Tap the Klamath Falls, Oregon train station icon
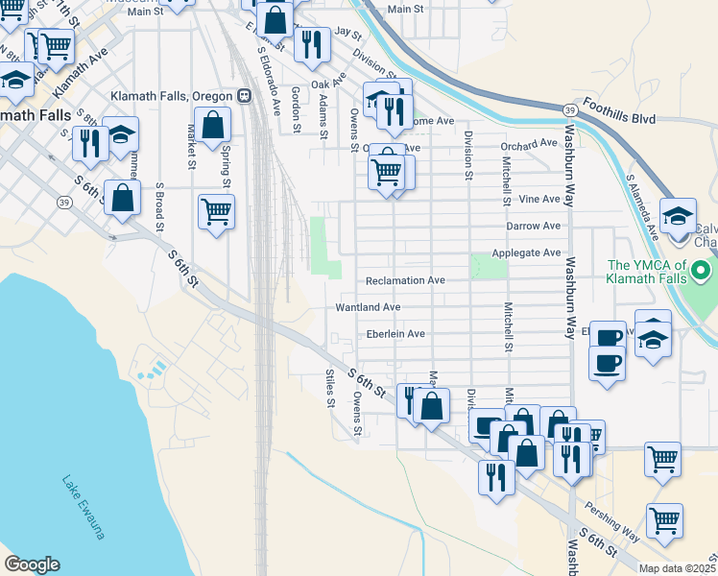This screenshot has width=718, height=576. click(x=245, y=97)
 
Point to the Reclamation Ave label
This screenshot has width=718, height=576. click(x=405, y=280)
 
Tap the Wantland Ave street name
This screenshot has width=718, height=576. click(x=367, y=307)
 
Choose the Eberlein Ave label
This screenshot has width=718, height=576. click(x=395, y=334)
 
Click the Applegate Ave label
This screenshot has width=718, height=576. click(x=525, y=252)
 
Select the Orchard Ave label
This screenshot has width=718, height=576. click(x=529, y=144)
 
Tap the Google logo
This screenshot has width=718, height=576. click(x=32, y=564)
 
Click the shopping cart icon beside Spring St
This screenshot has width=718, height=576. click(x=216, y=209)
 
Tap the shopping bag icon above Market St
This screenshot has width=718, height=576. click(x=213, y=123)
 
